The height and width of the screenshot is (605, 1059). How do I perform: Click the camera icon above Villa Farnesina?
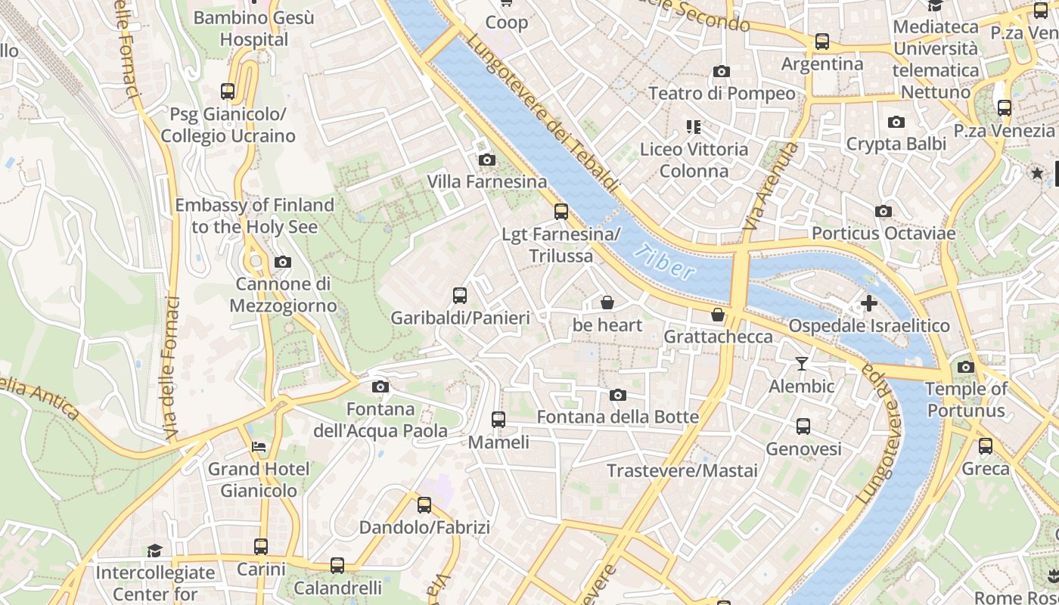[487, 160]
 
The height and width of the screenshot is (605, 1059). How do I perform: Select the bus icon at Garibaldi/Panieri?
[459, 296]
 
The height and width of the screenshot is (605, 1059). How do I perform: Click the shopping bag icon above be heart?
[607, 303]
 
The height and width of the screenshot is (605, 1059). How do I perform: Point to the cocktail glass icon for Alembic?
[802, 364]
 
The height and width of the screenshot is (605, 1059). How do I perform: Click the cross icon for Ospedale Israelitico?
[868, 303]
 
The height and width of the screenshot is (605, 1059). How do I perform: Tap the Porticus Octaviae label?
[884, 233]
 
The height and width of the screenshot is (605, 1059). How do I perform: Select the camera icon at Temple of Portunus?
[965, 367]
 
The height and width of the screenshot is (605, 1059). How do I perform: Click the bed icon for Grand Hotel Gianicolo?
[259, 447]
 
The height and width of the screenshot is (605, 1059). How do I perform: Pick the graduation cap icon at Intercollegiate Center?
[154, 551]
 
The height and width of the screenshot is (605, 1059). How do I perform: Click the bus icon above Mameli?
[498, 419]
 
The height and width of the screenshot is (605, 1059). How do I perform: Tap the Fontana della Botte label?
[617, 417]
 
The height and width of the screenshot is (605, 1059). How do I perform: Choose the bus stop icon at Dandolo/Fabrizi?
[424, 505]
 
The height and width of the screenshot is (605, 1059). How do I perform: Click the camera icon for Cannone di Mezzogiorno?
[283, 262]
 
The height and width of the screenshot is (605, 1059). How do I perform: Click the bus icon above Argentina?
[822, 42]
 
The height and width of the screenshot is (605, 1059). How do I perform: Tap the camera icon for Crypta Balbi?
[896, 122]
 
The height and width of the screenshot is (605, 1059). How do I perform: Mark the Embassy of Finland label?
[254, 216]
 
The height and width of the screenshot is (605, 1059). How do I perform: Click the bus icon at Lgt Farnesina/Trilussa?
[561, 212]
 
